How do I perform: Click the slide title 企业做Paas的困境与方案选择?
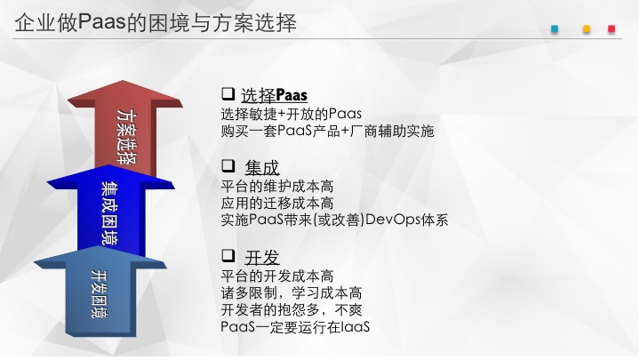[x=156, y=22]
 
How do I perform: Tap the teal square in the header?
[x=555, y=29]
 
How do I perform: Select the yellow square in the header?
[x=587, y=29]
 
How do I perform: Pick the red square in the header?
[x=612, y=29]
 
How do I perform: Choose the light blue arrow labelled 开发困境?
[x=100, y=292]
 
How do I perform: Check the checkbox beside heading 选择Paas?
[x=228, y=93]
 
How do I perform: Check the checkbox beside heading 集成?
[x=228, y=165]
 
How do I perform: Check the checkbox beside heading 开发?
[x=228, y=255]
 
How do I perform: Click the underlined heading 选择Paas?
[x=274, y=95]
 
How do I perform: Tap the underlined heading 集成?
[x=262, y=168]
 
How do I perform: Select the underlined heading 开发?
[x=262, y=258]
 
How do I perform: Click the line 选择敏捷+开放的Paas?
[x=291, y=114]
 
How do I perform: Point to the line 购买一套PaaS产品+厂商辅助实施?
[x=327, y=131]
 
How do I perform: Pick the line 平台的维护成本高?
[x=277, y=187]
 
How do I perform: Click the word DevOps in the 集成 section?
[x=393, y=220]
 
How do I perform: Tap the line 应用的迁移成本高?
[x=277, y=204]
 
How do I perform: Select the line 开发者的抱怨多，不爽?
[x=292, y=310]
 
